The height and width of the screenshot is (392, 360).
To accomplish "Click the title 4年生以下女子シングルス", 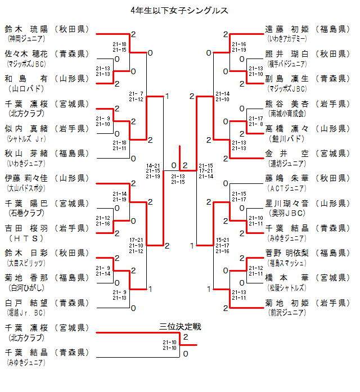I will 179,10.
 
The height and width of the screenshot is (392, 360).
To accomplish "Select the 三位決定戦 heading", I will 180,327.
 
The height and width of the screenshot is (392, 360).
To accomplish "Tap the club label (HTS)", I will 25,238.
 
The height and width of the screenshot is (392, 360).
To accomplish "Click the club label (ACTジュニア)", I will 285,188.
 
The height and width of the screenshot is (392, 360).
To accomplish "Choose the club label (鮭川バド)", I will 284,138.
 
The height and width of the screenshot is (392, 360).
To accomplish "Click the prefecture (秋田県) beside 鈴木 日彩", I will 71,253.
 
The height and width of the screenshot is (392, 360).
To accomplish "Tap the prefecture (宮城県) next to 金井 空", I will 331,154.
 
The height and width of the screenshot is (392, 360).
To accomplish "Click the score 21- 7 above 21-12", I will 136,93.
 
